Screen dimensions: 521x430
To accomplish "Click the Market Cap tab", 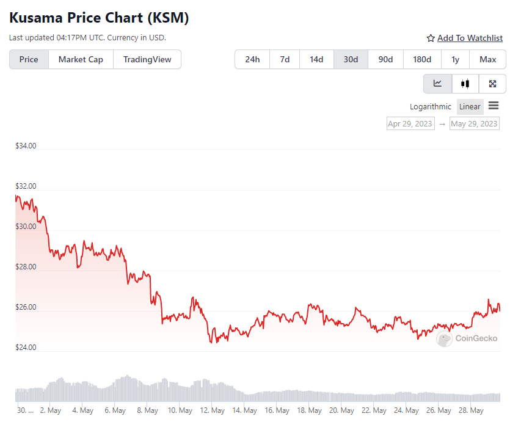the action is [81, 59].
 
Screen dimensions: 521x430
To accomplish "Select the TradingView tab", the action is [147, 59].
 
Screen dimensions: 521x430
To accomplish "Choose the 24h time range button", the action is [252, 59].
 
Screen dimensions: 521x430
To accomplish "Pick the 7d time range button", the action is [285, 59].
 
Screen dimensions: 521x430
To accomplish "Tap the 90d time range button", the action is [385, 59].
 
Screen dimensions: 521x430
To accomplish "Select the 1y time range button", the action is [455, 59].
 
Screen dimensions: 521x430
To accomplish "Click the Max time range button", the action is [488, 59].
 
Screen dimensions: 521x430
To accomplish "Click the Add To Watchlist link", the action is [470, 38].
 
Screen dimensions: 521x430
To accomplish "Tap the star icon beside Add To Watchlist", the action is [431, 38].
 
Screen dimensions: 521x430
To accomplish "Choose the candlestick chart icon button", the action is [465, 84].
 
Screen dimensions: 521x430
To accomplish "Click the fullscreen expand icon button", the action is [492, 84].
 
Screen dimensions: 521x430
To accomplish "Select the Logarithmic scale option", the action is [430, 107].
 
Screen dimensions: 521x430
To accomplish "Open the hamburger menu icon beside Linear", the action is [494, 106].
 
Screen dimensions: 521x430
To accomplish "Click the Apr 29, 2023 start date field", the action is [410, 123].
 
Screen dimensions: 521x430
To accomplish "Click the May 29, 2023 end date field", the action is [474, 123].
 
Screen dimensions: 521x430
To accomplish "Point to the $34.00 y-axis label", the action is [26, 146].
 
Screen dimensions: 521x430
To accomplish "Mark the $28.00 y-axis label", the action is [26, 267].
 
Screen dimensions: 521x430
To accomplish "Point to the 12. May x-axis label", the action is [213, 410].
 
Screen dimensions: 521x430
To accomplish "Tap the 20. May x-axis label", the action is [341, 410].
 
